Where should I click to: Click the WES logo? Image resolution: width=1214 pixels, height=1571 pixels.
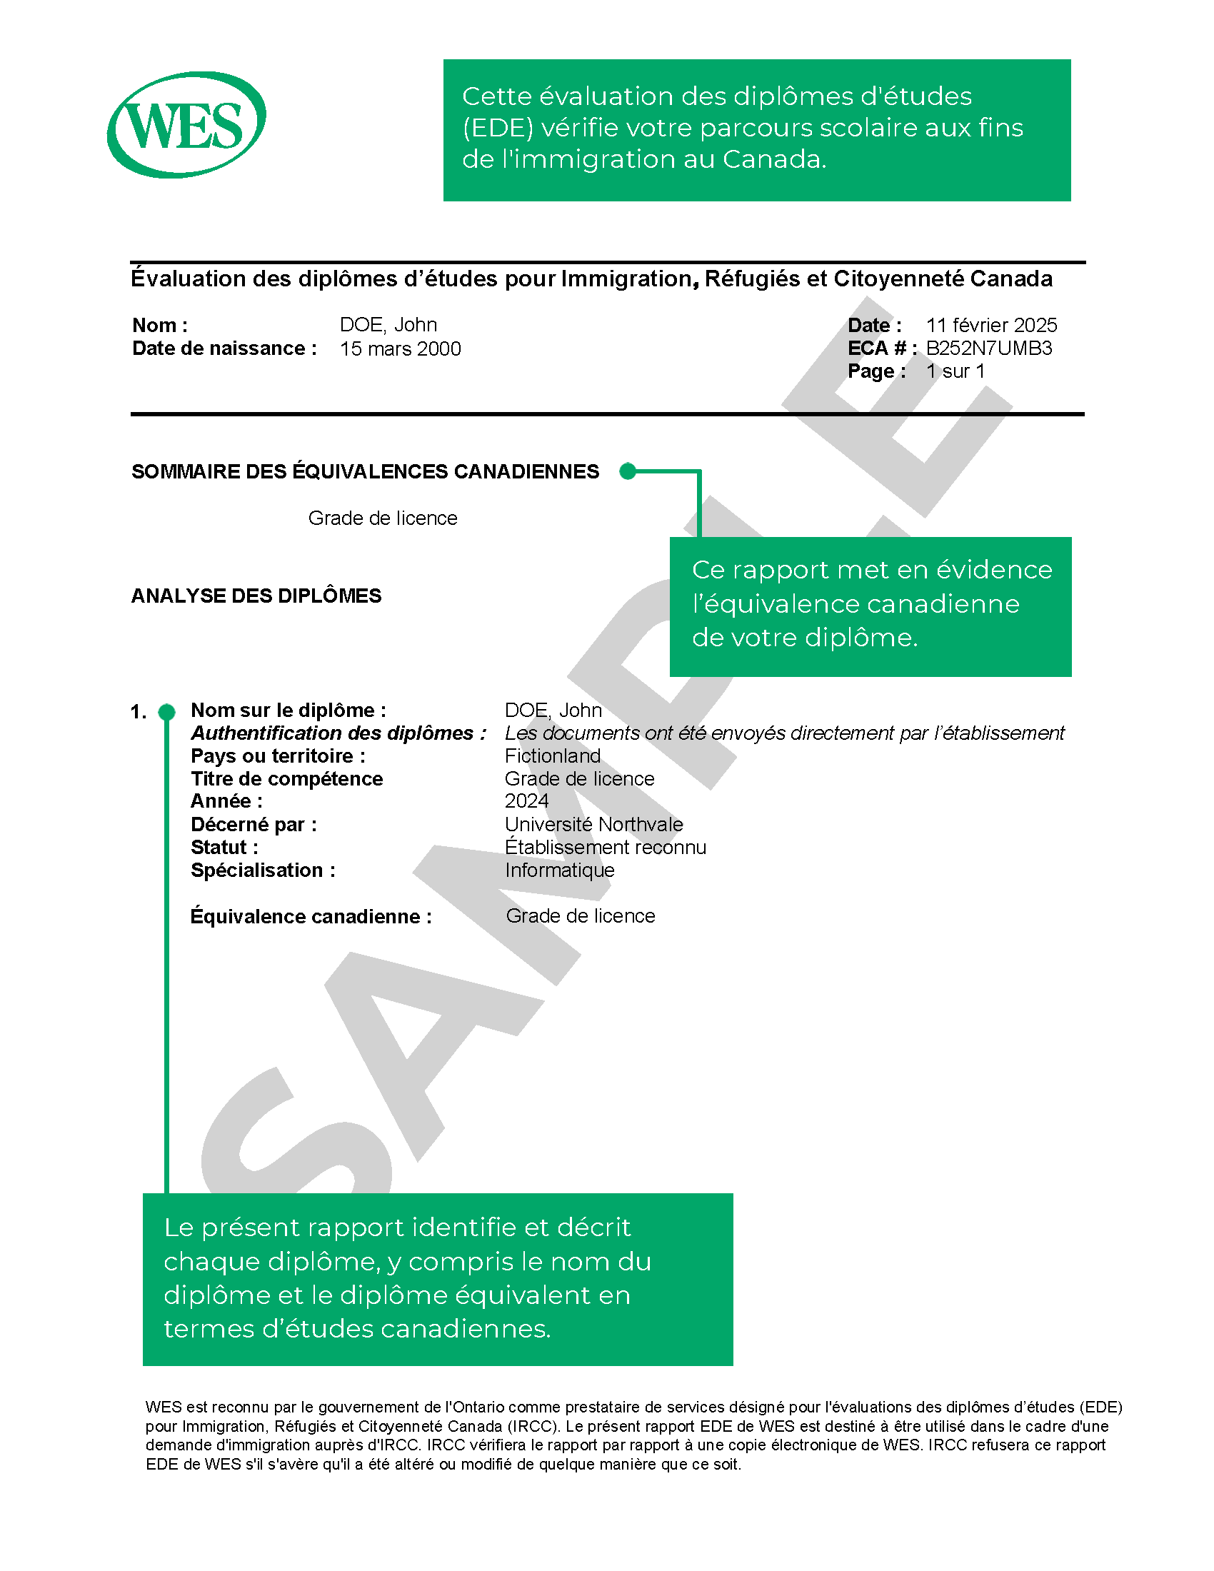[x=186, y=124]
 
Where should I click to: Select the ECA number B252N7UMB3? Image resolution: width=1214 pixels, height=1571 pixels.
[x=988, y=348]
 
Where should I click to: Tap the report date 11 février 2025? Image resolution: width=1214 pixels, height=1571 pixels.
[x=991, y=325]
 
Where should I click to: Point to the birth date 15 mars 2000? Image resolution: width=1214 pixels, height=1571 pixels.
[x=400, y=349]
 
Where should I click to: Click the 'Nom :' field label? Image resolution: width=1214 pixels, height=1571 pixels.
[x=160, y=325]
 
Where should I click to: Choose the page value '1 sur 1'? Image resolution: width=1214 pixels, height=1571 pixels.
[x=955, y=371]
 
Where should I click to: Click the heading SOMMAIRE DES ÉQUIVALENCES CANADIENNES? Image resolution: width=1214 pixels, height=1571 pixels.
[x=365, y=472]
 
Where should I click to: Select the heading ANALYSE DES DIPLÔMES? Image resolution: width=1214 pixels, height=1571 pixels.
[x=256, y=596]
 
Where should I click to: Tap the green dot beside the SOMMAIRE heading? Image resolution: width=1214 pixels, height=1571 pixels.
[x=628, y=471]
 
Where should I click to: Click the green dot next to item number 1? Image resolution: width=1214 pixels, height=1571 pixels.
[x=167, y=712]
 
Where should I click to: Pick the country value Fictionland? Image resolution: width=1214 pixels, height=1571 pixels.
[x=552, y=756]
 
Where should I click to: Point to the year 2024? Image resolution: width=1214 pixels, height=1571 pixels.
[x=526, y=801]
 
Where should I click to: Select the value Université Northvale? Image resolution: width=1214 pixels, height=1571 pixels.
[x=593, y=824]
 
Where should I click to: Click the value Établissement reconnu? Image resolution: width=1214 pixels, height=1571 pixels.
[x=605, y=848]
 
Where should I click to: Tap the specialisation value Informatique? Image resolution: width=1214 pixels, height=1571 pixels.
[x=560, y=870]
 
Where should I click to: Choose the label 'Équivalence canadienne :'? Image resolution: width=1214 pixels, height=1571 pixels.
[x=311, y=916]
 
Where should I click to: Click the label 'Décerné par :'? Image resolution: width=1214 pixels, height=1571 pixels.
[x=254, y=824]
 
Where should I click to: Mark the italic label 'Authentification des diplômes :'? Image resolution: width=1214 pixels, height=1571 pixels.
[x=338, y=733]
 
